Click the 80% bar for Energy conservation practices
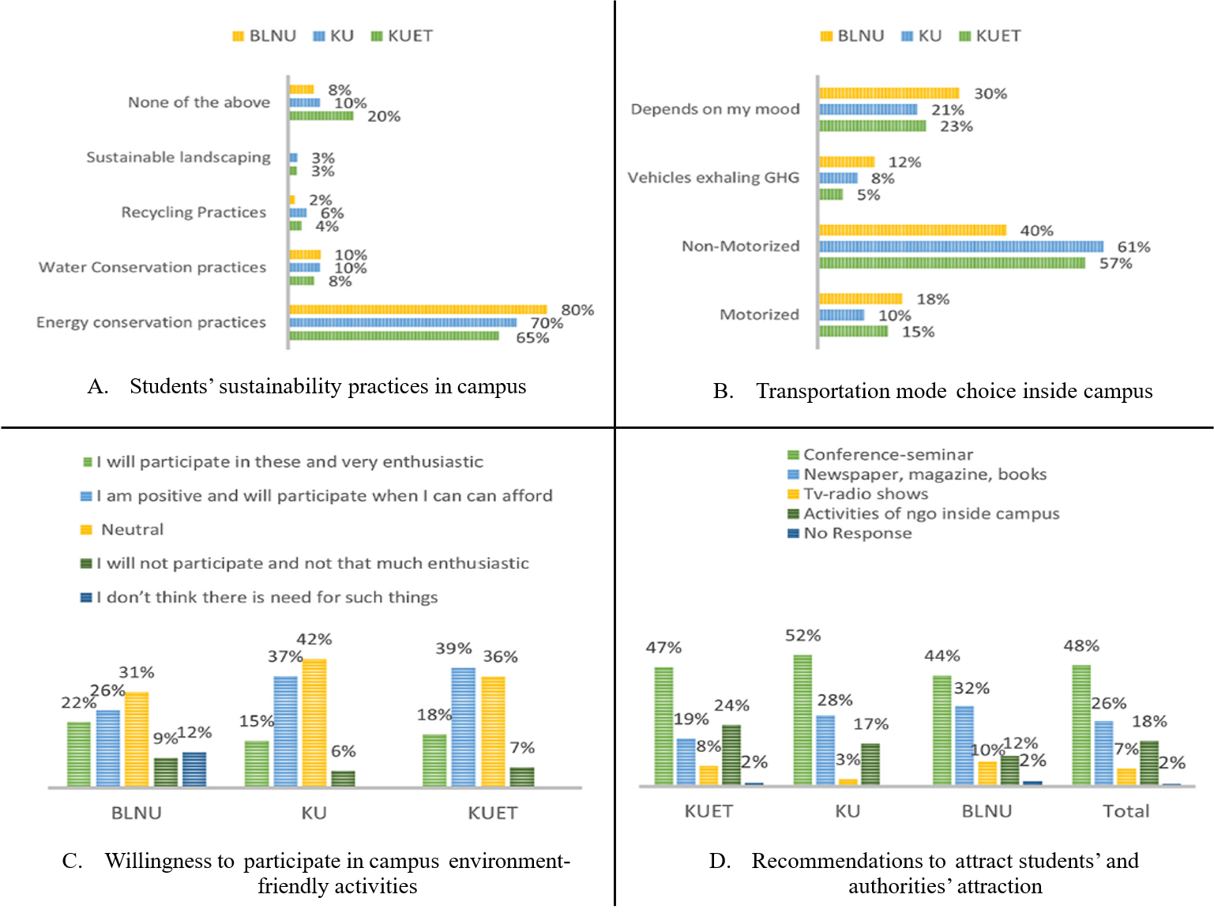click(418, 310)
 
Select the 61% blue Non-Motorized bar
click(960, 246)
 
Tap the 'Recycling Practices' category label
click(194, 212)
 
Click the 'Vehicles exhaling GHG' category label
click(713, 178)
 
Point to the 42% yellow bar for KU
click(314, 722)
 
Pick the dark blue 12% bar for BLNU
click(194, 768)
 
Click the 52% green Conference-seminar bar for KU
click(802, 720)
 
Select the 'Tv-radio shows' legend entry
click(865, 494)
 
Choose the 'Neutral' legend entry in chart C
click(131, 530)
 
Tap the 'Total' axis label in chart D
click(1126, 811)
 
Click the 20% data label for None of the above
click(384, 117)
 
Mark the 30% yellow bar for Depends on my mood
click(889, 93)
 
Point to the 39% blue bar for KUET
click(463, 727)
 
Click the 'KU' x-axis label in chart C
click(314, 813)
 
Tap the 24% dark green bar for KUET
click(731, 754)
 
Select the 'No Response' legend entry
click(857, 534)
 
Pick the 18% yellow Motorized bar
click(860, 299)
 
